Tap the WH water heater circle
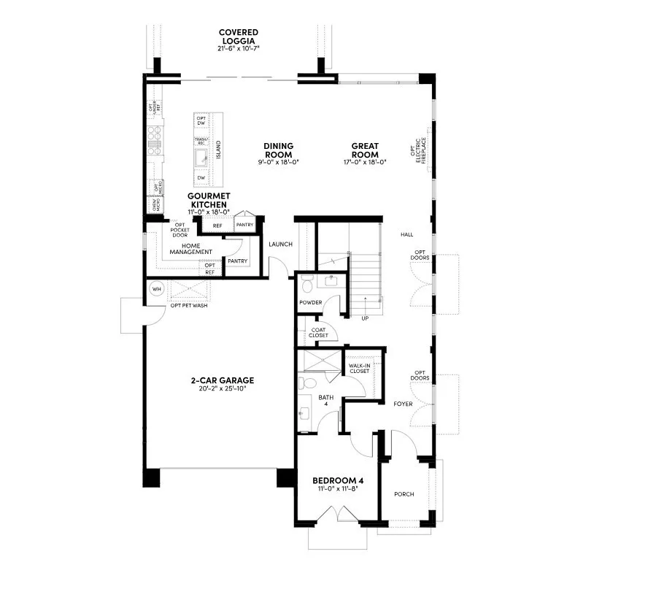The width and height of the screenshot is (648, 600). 156,289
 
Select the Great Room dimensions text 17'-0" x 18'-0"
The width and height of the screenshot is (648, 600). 364,162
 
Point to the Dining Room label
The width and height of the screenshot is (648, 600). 278,150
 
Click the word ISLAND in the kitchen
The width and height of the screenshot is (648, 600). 218,150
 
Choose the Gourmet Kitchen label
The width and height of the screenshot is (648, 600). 209,201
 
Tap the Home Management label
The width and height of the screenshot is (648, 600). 191,248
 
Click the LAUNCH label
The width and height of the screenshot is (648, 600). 280,244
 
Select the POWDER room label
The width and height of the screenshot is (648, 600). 310,302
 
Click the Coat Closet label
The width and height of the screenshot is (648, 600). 319,332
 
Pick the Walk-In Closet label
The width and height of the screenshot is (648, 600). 359,368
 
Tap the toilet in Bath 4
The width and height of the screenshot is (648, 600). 307,382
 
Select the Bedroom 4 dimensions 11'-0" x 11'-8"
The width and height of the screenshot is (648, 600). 337,488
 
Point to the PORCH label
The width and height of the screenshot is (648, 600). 404,494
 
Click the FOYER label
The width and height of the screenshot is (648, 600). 403,404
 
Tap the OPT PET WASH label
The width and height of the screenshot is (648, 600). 190,305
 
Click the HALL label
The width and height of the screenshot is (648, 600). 406,234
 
